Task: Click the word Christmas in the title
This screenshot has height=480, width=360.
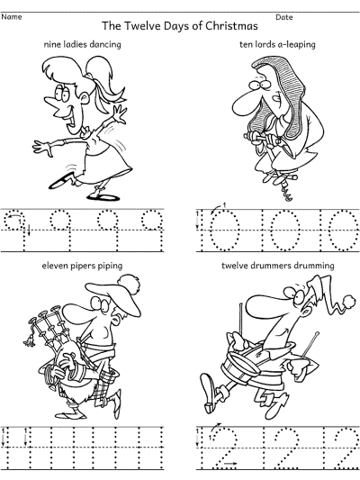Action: pos(231,26)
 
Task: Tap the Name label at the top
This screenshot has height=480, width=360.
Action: pos(12,17)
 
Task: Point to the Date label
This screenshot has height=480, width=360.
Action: pos(284,17)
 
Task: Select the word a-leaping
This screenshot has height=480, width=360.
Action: pos(296,45)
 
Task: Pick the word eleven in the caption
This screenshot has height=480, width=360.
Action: pos(54,265)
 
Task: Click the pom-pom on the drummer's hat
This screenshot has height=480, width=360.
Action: pos(349,301)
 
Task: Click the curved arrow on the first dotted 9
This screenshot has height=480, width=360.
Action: pos(13,217)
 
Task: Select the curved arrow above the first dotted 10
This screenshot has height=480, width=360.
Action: pos(216,208)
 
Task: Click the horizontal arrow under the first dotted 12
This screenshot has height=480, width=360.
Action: pos(230,464)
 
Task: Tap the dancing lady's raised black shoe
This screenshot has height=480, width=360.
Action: pos(60,181)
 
